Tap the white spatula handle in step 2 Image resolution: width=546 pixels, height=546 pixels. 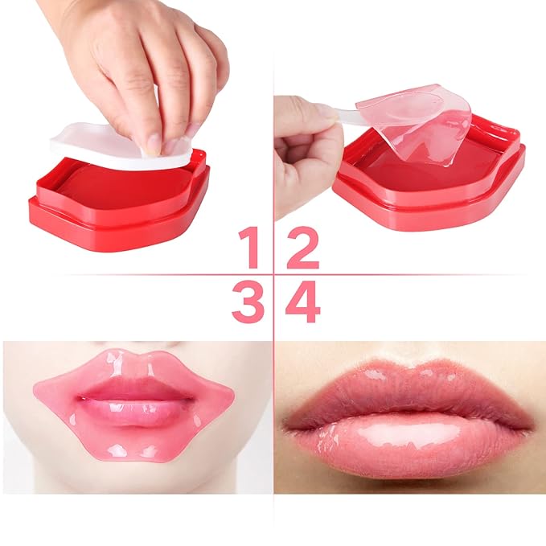[x=342, y=114]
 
